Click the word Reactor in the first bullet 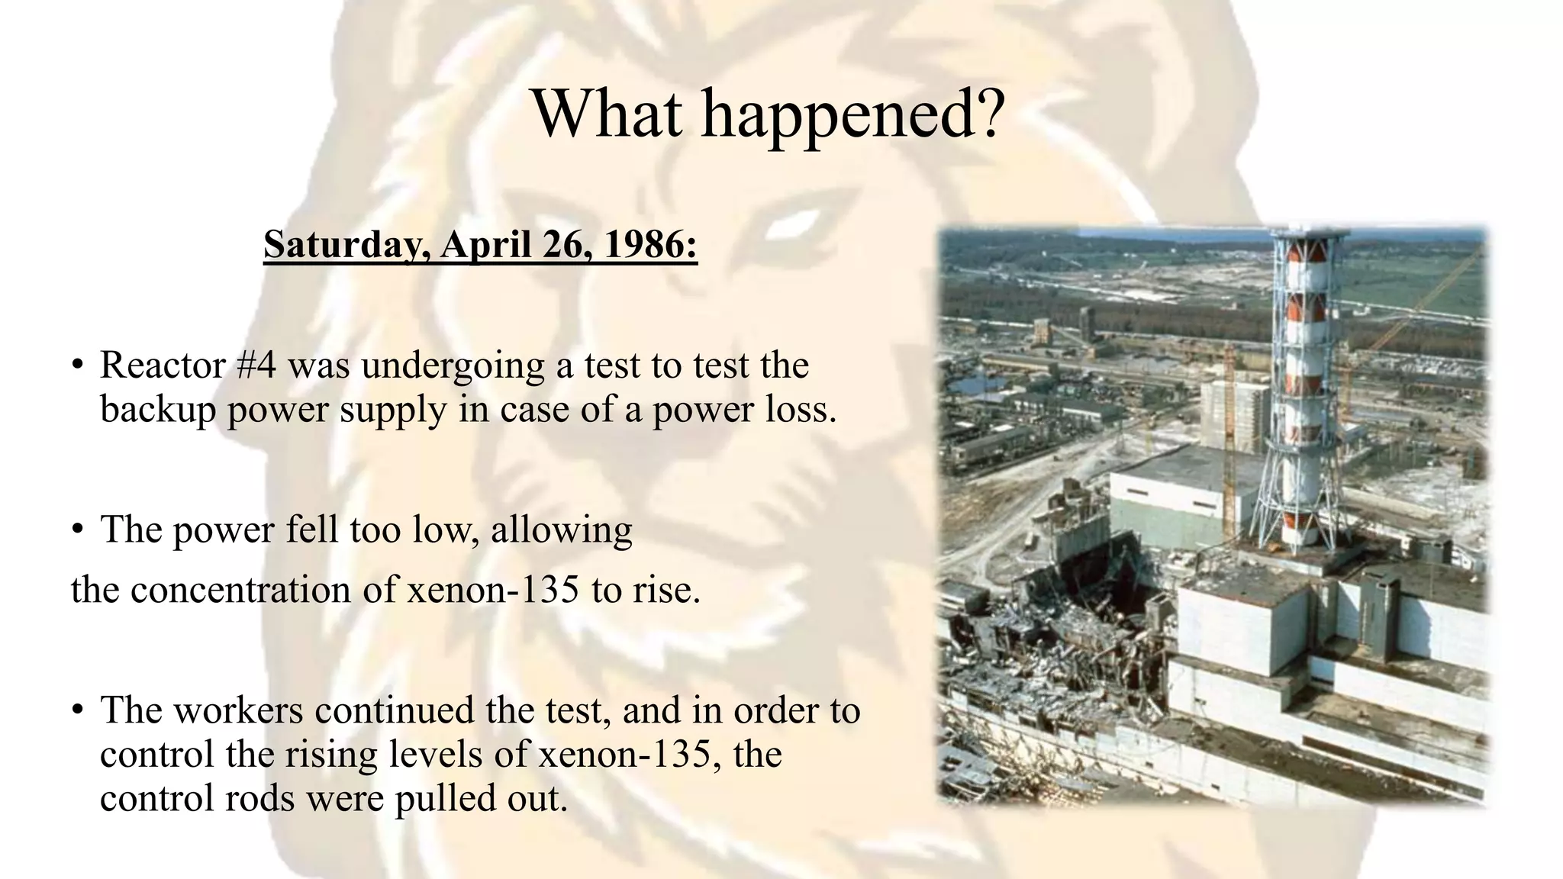click(x=163, y=365)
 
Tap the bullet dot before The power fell click(x=76, y=530)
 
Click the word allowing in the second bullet click(x=561, y=530)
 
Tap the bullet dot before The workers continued click(x=76, y=710)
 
